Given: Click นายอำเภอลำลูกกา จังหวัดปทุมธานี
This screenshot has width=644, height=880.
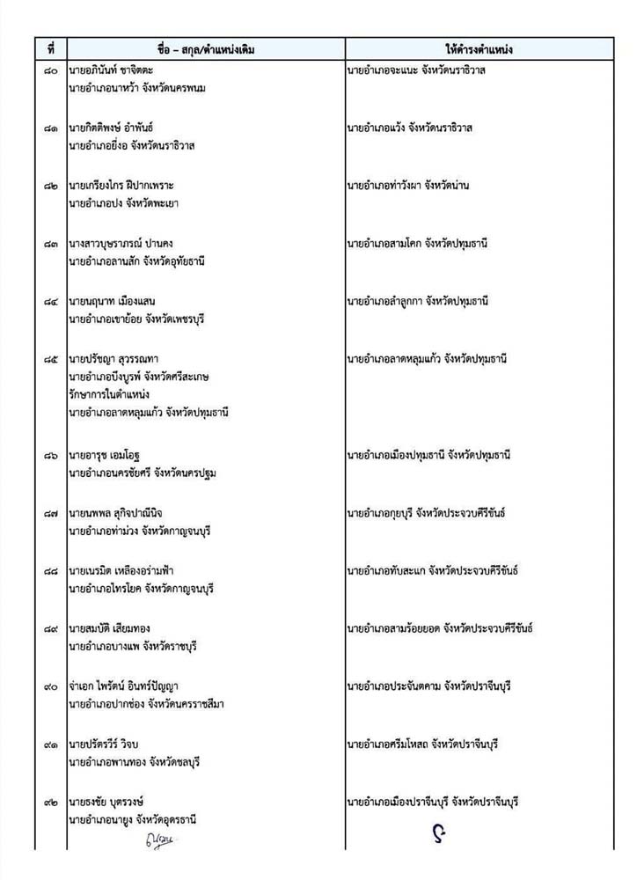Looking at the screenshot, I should point(429,302).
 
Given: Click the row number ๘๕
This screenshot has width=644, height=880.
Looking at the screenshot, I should point(51,360).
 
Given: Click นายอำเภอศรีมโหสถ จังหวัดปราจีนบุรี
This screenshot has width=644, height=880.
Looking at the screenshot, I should point(422,744).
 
